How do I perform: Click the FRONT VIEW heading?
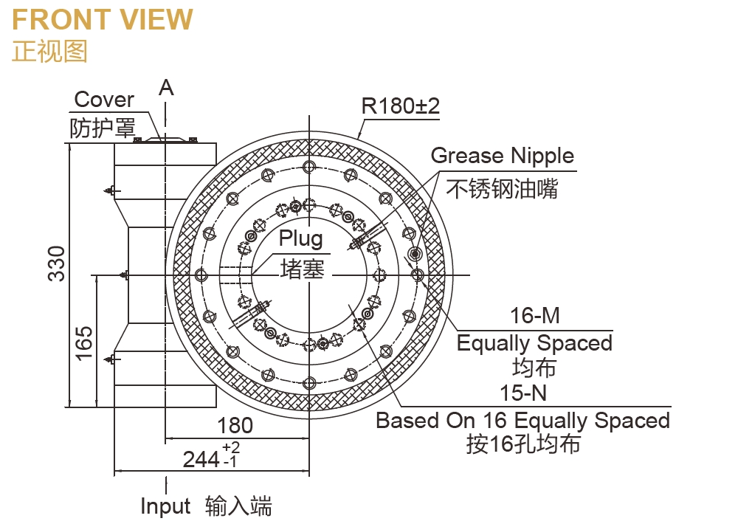(103, 20)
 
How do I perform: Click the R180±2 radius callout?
(401, 106)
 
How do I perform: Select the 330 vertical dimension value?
(57, 263)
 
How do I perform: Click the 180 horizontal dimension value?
(235, 426)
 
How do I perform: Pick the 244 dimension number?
(201, 459)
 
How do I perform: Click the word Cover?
(104, 100)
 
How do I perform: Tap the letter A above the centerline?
(167, 88)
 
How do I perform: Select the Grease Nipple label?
(502, 156)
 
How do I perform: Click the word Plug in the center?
(300, 238)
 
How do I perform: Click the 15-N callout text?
(523, 393)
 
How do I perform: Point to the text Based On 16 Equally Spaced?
(523, 421)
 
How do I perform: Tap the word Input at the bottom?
(165, 507)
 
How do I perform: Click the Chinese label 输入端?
(238, 507)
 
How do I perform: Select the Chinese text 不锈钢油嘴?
(502, 189)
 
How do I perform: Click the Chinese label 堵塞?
(302, 269)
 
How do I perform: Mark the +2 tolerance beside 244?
(230, 448)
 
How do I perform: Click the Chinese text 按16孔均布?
(523, 444)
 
